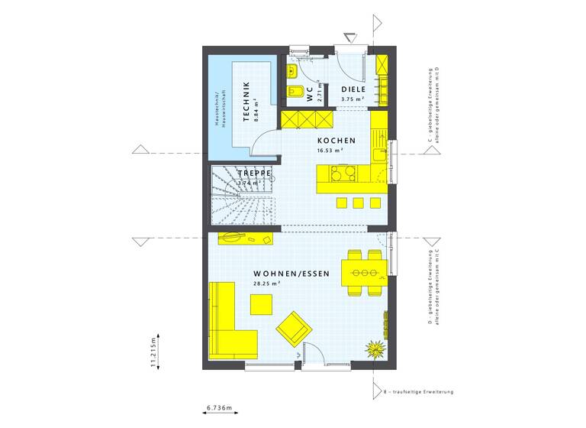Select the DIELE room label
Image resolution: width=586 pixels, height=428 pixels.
tap(352, 89)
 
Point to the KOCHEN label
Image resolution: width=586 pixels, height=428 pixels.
tap(336, 141)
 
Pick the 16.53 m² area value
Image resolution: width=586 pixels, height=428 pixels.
tap(330, 151)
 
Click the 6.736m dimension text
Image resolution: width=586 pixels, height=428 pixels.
tap(220, 408)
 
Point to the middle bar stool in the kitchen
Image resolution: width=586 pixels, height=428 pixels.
tap(359, 203)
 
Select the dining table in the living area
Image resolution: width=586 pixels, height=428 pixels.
tap(362, 272)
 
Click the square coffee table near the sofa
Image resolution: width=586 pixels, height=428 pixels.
tap(261, 303)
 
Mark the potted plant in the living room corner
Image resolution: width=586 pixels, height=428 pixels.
tap(374, 349)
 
